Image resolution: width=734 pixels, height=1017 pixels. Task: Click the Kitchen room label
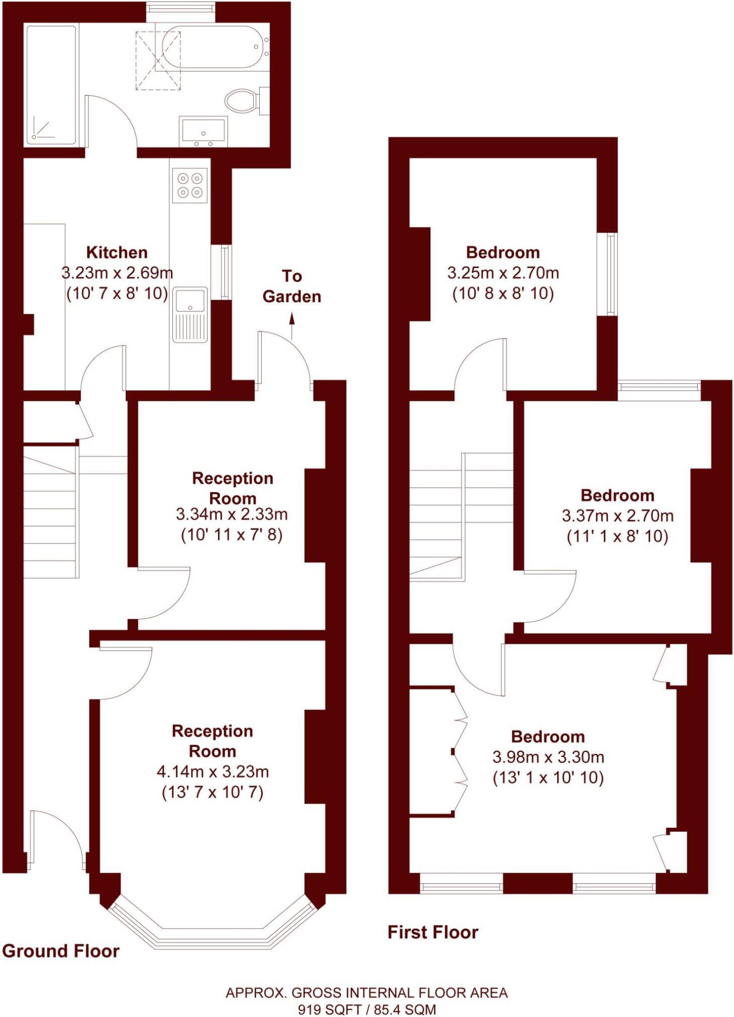117,252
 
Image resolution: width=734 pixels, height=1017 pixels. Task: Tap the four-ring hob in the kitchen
190,185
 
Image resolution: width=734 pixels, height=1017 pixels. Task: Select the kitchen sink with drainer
190,314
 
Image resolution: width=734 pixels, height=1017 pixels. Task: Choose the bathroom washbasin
203,132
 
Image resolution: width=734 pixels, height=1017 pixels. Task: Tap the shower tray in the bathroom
51,85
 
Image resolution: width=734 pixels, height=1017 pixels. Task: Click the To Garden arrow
292,325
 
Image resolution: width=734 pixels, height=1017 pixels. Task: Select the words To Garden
292,286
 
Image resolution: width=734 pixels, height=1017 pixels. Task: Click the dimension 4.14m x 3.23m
213,771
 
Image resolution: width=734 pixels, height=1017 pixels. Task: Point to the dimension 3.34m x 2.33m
232,514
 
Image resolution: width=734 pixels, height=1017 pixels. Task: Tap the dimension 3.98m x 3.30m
548,757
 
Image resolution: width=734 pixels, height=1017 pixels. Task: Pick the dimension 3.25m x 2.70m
503,273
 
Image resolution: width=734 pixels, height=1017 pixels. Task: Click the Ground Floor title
61,951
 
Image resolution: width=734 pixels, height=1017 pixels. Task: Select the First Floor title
433,932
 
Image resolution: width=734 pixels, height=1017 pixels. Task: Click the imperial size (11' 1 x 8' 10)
617,537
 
